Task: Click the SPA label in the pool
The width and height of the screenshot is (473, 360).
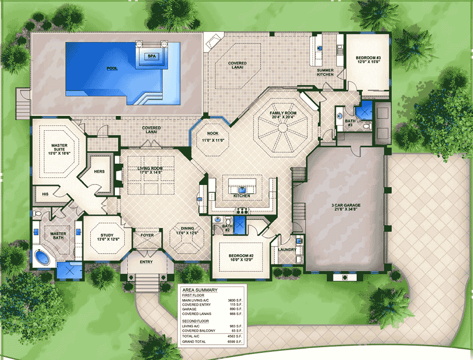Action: click(x=151, y=56)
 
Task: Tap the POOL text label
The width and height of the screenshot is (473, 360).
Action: click(x=112, y=68)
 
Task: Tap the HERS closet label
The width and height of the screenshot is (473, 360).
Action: click(x=99, y=171)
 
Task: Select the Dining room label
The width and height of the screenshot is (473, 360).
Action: click(x=186, y=230)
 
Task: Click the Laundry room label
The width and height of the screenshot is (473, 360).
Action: click(x=288, y=250)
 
